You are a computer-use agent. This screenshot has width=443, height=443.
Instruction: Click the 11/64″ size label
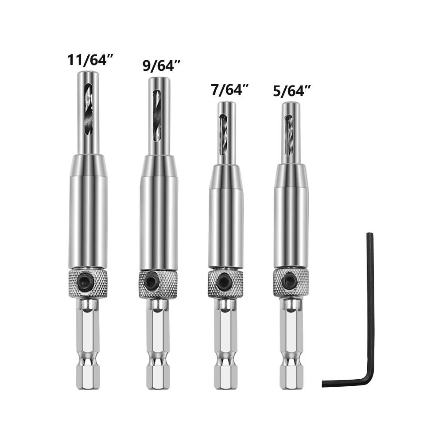pos(90,60)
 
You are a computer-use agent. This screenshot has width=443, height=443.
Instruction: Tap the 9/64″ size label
pos(162,66)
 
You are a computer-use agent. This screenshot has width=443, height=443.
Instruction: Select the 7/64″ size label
pos(229,90)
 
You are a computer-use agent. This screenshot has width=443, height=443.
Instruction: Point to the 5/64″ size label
pos(292,91)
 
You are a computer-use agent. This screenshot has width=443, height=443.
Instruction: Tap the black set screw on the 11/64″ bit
pos(85,280)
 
